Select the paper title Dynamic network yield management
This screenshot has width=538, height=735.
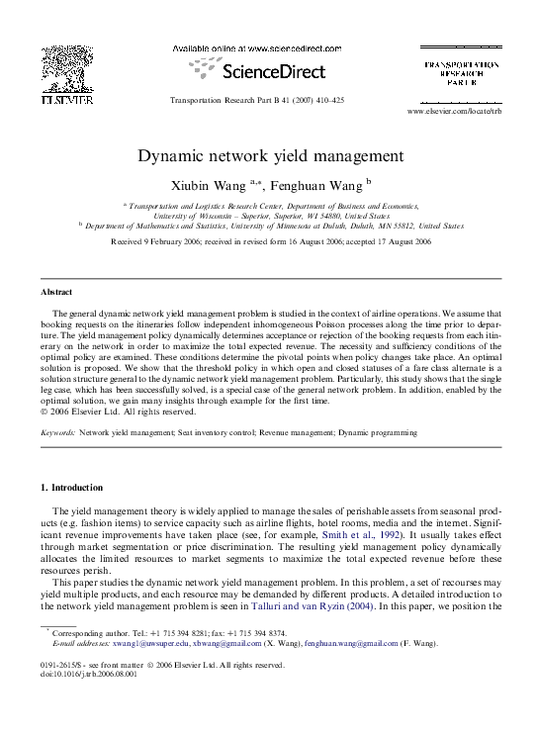269,156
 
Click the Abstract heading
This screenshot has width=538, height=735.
55,293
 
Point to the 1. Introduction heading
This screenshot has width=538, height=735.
71,488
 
